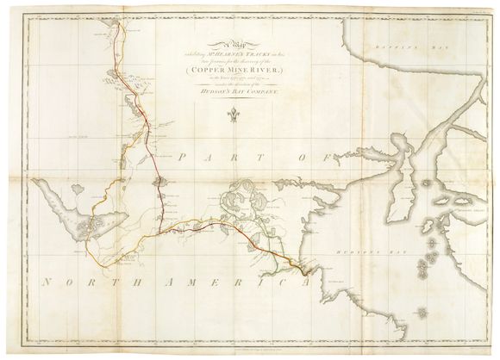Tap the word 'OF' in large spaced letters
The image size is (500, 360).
[x=307, y=157]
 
